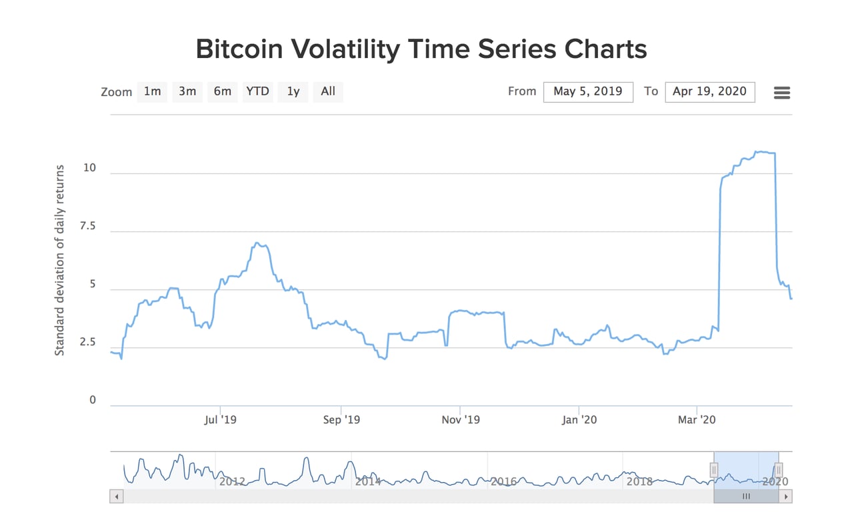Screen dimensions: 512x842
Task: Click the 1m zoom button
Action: (x=153, y=91)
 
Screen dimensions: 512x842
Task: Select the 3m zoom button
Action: (x=187, y=91)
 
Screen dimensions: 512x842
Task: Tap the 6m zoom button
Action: (x=223, y=91)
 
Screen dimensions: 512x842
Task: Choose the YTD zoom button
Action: (x=257, y=91)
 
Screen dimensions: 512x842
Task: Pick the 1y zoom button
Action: (x=293, y=91)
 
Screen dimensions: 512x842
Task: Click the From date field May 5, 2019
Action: (x=588, y=91)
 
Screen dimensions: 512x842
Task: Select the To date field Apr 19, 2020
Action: (x=709, y=91)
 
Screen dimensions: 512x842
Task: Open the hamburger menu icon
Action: (x=782, y=93)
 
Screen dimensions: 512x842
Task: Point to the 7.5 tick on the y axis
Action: (x=87, y=227)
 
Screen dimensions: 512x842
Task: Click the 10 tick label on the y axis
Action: (x=89, y=168)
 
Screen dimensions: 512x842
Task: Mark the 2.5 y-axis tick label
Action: (x=87, y=342)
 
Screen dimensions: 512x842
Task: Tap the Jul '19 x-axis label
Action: (x=220, y=420)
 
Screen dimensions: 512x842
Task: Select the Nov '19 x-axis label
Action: (x=461, y=420)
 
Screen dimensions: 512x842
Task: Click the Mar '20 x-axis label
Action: (x=697, y=420)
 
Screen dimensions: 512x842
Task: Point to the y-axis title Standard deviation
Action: (x=60, y=260)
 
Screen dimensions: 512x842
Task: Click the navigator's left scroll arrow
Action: (x=117, y=496)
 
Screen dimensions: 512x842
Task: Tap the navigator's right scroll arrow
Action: (x=787, y=496)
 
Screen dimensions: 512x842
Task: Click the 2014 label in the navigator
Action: (x=368, y=481)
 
